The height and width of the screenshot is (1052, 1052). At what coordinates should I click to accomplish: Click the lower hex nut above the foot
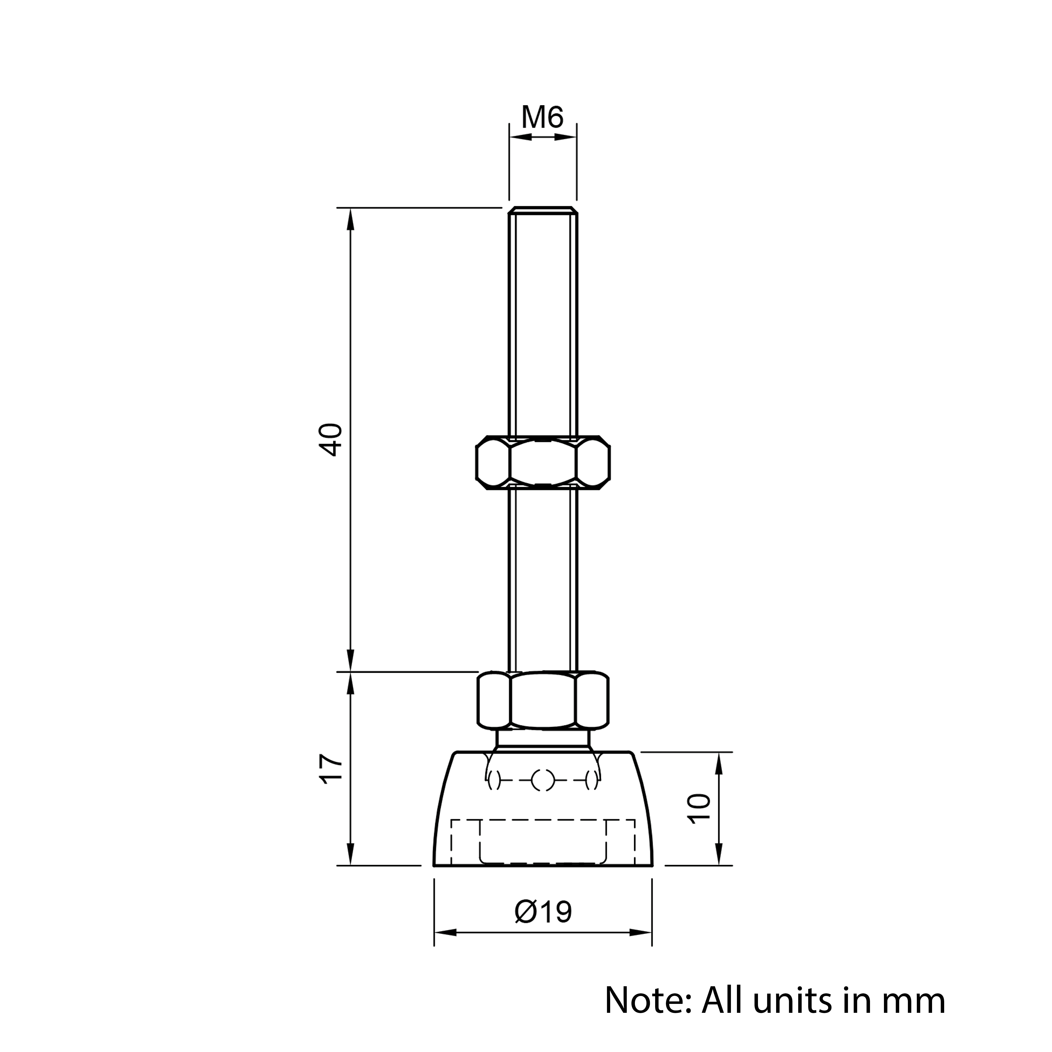pos(543,701)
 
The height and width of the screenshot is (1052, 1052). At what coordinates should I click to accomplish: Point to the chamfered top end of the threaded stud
pos(543,211)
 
